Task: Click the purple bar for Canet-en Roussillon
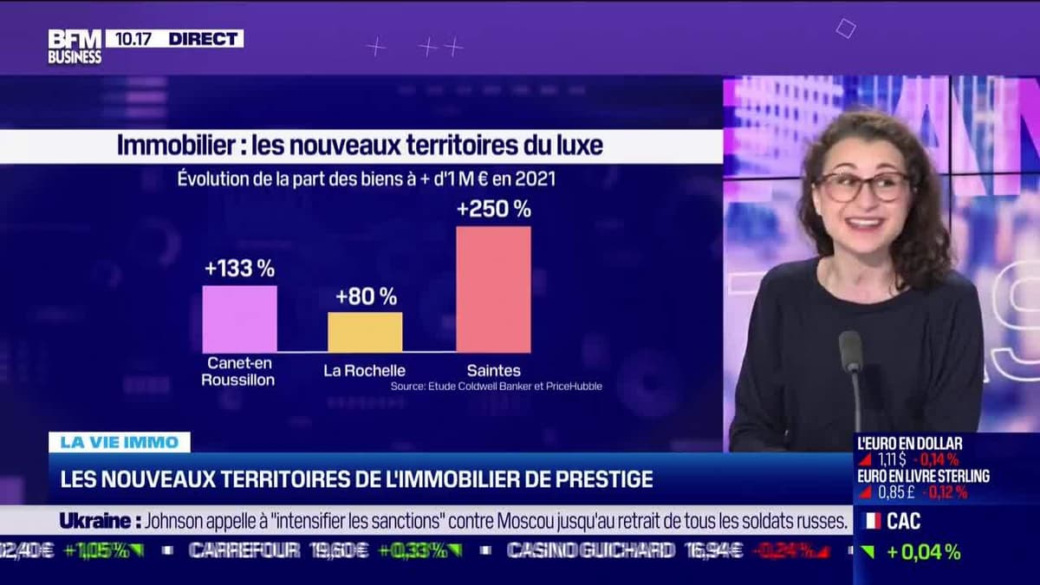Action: [239, 319]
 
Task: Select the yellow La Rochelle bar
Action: [365, 332]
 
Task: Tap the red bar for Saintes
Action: [493, 289]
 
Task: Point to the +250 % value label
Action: [494, 209]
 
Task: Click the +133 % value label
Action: [239, 269]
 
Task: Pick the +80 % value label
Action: [366, 296]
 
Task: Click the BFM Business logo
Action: [75, 46]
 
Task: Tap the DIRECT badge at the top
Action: [205, 38]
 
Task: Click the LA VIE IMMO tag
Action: [119, 442]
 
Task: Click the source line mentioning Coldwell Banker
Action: [496, 387]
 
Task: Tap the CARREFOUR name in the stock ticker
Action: [244, 550]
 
